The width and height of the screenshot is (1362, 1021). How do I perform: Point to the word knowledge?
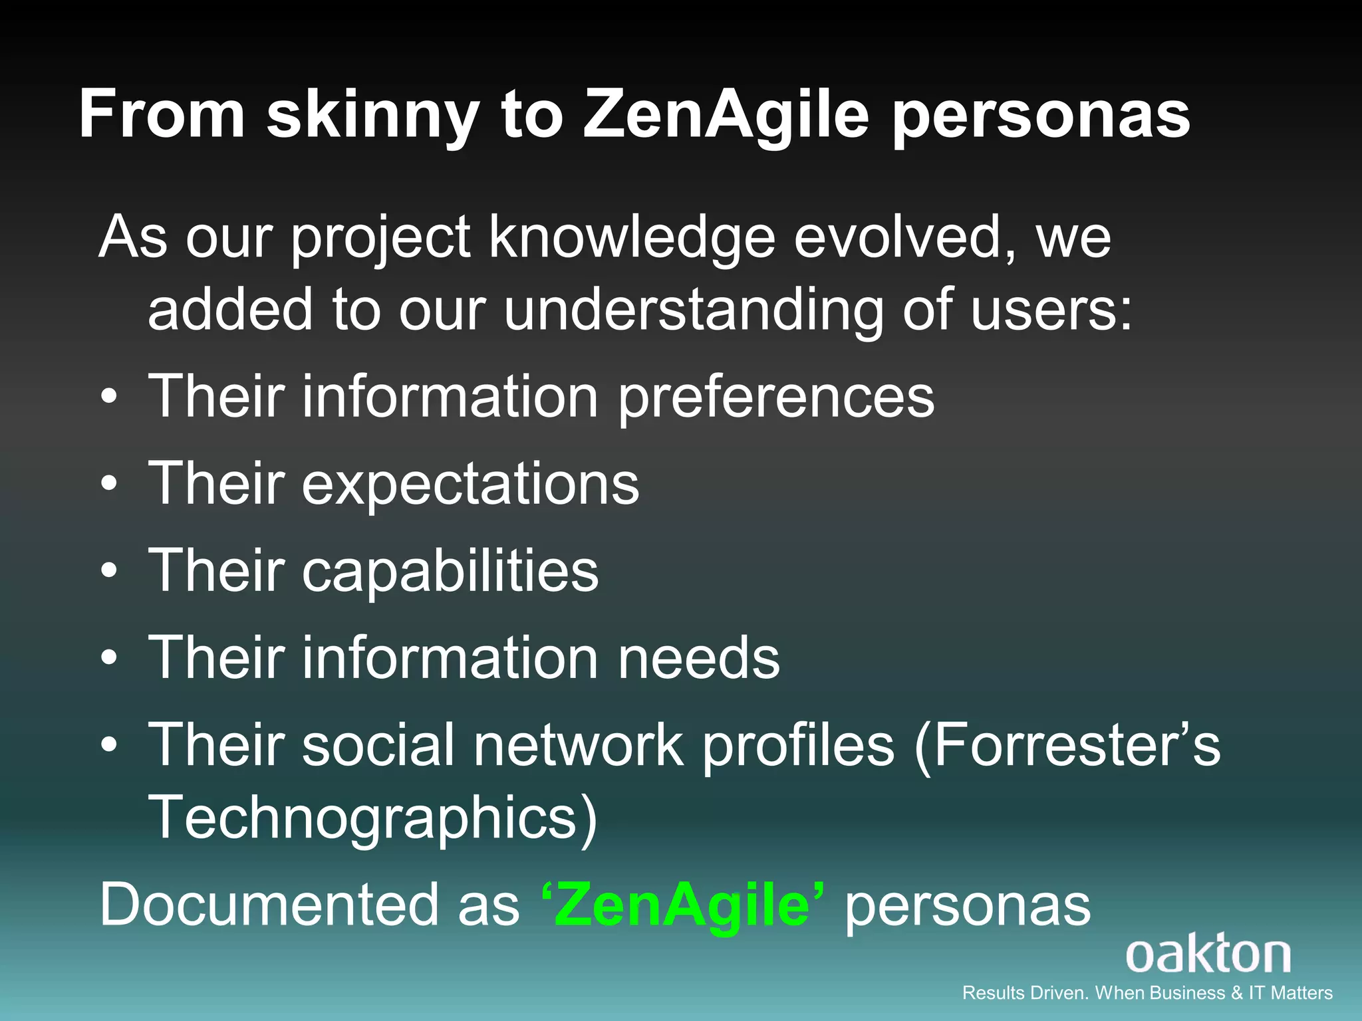coord(632,237)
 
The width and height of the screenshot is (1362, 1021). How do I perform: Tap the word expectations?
coord(470,484)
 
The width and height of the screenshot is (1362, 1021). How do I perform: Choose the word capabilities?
coord(450,571)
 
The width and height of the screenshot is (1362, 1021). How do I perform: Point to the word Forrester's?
coord(1068,745)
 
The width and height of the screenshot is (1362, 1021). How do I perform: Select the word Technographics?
coord(372,818)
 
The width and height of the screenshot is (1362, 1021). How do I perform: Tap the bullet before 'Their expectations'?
coord(110,484)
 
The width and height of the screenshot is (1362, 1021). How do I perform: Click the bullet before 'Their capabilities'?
coord(110,571)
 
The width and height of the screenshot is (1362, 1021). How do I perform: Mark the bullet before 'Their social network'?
coord(110,745)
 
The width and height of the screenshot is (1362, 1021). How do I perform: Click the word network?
coord(578,745)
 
